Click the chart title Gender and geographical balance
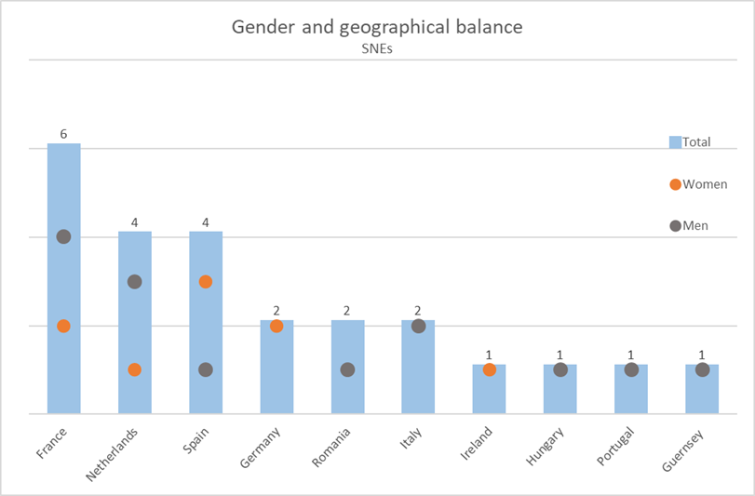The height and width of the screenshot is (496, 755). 377,26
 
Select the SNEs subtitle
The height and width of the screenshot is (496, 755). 377,49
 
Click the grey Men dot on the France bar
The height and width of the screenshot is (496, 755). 63,236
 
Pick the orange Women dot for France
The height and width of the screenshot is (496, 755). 63,326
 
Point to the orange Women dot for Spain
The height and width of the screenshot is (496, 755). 206,281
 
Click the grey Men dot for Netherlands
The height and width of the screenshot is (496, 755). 134,281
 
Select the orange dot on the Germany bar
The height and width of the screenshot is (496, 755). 276,326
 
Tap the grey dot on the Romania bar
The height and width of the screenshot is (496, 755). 347,369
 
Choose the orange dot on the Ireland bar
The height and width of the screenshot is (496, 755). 490,369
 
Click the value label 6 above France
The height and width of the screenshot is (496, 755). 63,134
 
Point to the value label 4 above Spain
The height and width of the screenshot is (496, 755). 206,222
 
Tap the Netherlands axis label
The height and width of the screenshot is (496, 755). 114,453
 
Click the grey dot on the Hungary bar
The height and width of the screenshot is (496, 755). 560,369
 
